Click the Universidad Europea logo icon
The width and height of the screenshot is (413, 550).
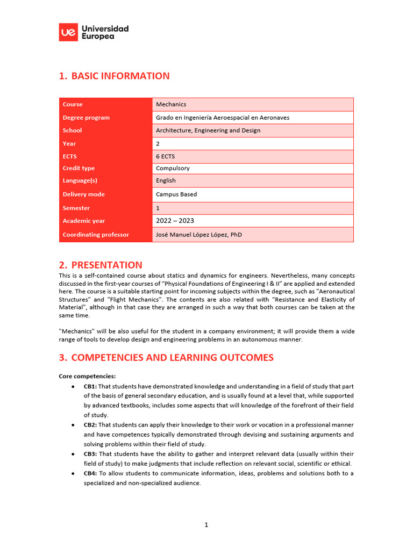pyautogui.click(x=68, y=32)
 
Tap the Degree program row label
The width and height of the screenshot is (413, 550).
pyautogui.click(x=86, y=118)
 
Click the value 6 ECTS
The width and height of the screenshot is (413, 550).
pyautogui.click(x=165, y=156)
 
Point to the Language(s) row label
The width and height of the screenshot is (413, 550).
pyautogui.click(x=80, y=180)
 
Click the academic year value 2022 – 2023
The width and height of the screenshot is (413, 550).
pyautogui.click(x=175, y=221)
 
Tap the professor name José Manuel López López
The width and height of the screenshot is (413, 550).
pyautogui.click(x=199, y=235)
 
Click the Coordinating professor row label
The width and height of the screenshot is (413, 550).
pyautogui.click(x=96, y=235)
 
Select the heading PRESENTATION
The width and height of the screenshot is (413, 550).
pyautogui.click(x=106, y=265)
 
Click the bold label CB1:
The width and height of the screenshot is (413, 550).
pyautogui.click(x=90, y=386)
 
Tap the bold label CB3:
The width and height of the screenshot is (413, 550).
pyautogui.click(x=90, y=454)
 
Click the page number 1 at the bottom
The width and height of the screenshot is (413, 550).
pyautogui.click(x=206, y=525)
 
